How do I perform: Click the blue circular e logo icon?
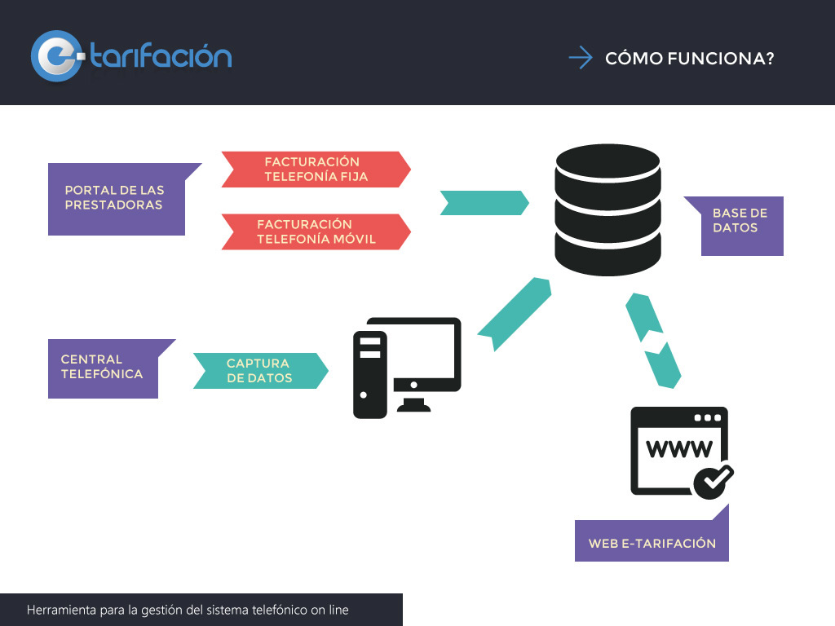(x=57, y=56)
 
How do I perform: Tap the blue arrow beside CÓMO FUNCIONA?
(x=581, y=58)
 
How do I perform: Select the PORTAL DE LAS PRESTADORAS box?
(x=117, y=199)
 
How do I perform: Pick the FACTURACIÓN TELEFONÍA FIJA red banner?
(x=316, y=170)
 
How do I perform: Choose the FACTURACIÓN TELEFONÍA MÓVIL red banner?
(x=316, y=231)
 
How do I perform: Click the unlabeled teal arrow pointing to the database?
(x=484, y=203)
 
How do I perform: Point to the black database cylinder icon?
(x=607, y=209)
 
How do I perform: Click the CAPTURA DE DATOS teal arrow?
(x=260, y=371)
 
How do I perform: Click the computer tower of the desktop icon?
(x=369, y=374)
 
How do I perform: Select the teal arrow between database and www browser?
(x=653, y=341)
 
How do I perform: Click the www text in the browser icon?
(x=679, y=449)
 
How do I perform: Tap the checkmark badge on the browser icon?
(x=713, y=481)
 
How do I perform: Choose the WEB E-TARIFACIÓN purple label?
(x=652, y=538)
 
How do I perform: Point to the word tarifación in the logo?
(x=161, y=55)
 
